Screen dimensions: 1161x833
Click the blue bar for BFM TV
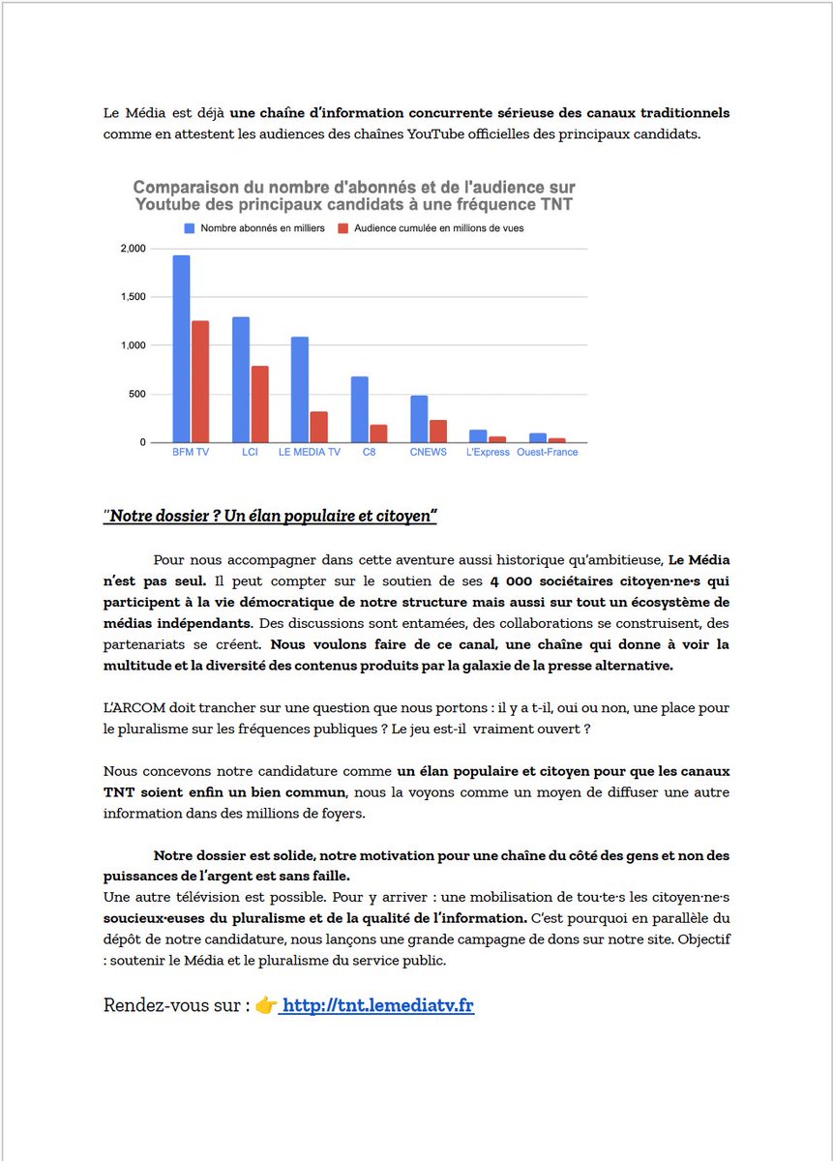click(181, 349)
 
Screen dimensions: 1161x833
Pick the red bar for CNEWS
click(438, 432)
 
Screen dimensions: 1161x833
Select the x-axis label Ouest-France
click(547, 453)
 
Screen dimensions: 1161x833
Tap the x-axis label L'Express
click(487, 453)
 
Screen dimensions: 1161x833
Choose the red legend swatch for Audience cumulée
click(342, 228)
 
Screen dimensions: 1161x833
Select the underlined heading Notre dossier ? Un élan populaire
click(271, 517)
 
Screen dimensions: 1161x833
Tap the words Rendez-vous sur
click(169, 1006)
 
